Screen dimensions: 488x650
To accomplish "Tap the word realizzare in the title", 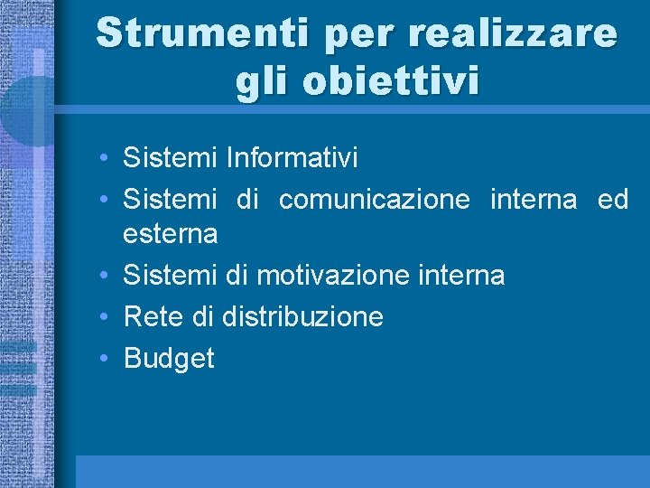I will point(514,33).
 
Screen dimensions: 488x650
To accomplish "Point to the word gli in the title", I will point(264,82).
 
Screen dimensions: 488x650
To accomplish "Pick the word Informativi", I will point(292,158).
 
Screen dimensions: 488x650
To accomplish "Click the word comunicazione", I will point(375,199).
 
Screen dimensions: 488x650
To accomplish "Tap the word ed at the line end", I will point(613,199).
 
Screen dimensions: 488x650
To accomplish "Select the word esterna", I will point(171,234).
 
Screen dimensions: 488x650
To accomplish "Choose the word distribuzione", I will point(302,316).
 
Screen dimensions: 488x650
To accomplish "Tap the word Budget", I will point(169,359).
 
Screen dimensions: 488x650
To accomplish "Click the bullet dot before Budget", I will point(106,359).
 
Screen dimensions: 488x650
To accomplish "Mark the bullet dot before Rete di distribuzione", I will point(106,316).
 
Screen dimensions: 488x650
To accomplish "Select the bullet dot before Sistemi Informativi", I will point(106,158).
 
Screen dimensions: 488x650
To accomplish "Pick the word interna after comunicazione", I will point(533,199).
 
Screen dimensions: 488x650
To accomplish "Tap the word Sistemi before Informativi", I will point(171,158).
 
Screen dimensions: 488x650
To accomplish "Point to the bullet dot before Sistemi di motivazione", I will point(106,274).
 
